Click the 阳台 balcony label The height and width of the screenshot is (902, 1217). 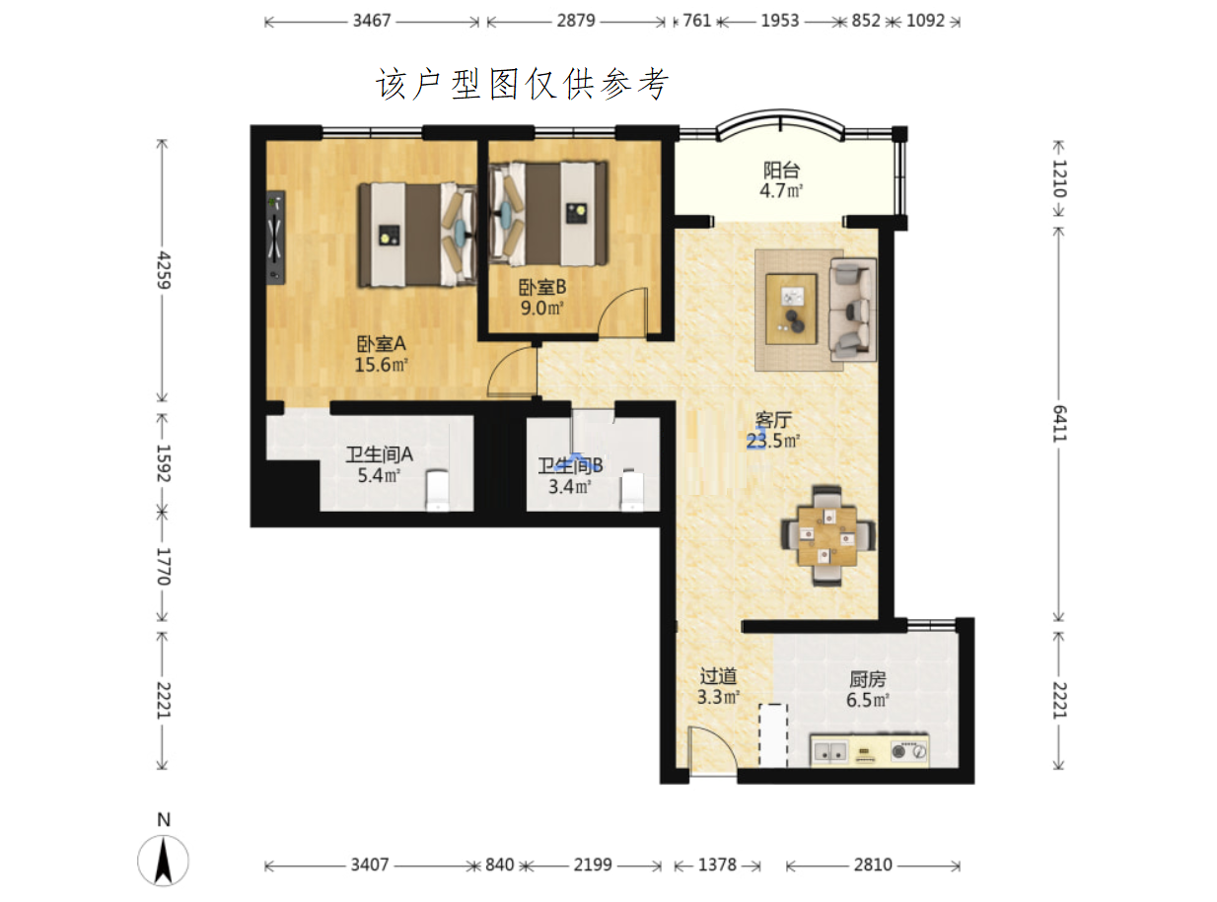pos(781,171)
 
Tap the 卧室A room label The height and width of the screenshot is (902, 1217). pos(381,344)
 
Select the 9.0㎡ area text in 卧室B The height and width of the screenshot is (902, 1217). pos(541,308)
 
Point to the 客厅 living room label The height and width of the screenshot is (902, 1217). pos(772,420)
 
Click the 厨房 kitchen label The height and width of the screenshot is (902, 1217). pos(867,679)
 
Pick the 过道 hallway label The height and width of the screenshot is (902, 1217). pos(718,676)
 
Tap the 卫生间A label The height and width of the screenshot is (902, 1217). pos(379,454)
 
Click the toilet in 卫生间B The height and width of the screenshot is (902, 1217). pos(631,490)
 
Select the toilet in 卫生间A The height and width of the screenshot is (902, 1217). pos(437,490)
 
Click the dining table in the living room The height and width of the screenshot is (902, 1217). pos(826,536)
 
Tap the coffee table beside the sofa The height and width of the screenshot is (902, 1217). pos(791,310)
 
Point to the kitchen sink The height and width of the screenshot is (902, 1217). pos(829,752)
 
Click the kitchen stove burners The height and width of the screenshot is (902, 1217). pos(908,751)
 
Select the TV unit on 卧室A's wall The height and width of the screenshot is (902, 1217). pos(275,238)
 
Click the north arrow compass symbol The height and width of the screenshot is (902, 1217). pos(163,861)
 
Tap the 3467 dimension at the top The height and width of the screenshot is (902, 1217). pos(372,21)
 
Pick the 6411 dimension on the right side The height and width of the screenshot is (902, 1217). pos(1059,424)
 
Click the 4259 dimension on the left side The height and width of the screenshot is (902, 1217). pos(163,270)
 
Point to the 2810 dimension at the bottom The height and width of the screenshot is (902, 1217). pos(873,866)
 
